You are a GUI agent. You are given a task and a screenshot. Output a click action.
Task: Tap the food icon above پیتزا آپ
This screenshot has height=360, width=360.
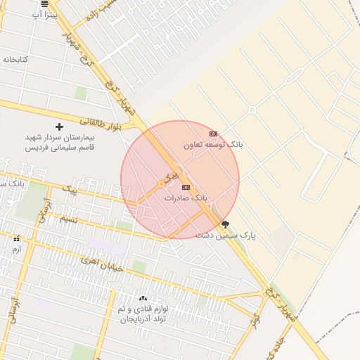pos(45,4)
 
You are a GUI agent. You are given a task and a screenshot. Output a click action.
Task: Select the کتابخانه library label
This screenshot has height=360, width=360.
pos(15,59)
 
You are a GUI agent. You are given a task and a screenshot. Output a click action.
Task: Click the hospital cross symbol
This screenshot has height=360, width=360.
pos(59,127)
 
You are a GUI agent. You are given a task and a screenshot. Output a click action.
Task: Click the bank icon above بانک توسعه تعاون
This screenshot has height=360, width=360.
pos(213,134)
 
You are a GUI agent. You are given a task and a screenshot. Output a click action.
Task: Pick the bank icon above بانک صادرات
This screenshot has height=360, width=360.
pos(186,187)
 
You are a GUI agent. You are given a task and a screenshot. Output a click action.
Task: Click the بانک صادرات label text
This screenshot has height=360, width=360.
pos(186,198)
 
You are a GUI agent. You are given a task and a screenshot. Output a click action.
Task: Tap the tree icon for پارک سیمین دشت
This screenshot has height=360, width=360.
pos(225,224)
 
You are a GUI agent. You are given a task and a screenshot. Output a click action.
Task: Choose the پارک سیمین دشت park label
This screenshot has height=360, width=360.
pos(226,235)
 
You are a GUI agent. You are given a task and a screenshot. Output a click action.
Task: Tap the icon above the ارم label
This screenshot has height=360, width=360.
pos(16,238)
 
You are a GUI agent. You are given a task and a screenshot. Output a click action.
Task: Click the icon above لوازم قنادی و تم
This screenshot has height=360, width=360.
pos(143,298)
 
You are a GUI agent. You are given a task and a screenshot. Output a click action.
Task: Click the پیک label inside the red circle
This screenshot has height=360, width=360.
pos(169,177)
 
